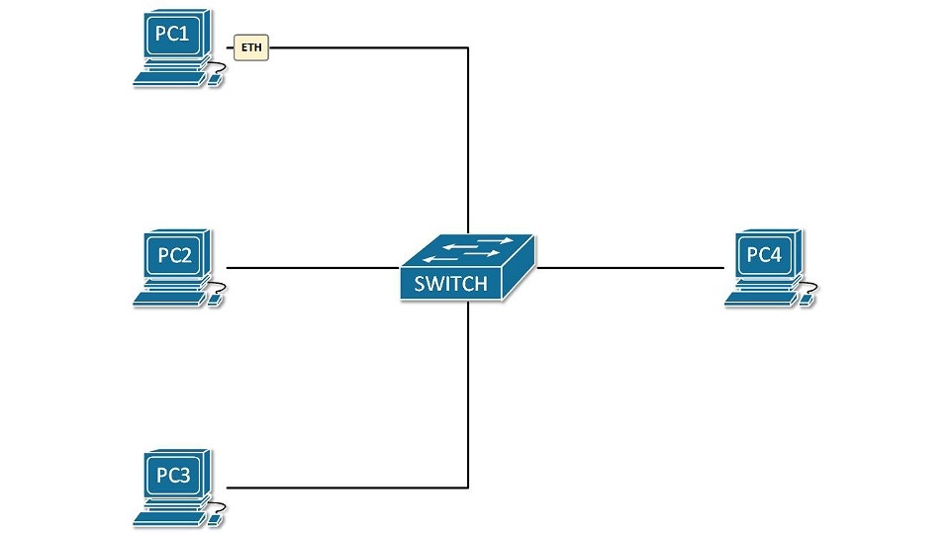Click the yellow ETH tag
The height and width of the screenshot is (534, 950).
click(251, 45)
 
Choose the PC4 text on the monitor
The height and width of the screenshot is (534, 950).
click(764, 255)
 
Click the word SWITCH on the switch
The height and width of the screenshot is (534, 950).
click(450, 284)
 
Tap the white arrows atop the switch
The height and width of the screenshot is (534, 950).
click(477, 248)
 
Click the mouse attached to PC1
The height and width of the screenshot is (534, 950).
click(214, 79)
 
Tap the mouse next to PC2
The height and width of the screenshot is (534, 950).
click(214, 300)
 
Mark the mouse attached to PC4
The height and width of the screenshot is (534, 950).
click(806, 299)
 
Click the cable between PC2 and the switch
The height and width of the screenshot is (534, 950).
click(312, 268)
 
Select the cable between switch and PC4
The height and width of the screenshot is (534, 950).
click(628, 268)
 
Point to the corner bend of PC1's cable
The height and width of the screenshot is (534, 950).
click(467, 46)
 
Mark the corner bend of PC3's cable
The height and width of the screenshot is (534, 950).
click(467, 488)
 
